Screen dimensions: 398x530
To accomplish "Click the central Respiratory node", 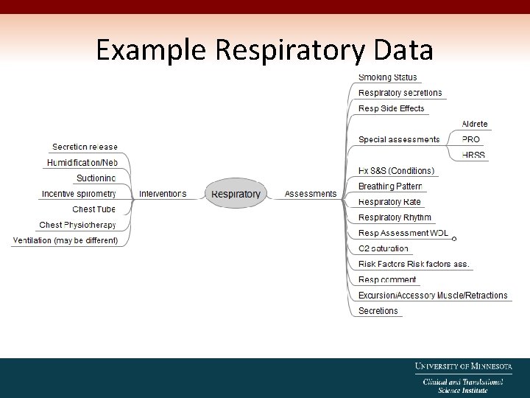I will click(x=236, y=194).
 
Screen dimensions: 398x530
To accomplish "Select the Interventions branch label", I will click(x=163, y=194).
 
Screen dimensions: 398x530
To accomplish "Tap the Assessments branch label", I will click(x=310, y=194).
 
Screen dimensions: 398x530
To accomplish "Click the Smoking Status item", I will click(x=387, y=77).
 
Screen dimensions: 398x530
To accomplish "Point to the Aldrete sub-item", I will click(x=474, y=124).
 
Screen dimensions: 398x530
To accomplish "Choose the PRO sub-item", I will click(x=470, y=139).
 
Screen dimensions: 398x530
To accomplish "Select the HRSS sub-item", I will click(x=473, y=155).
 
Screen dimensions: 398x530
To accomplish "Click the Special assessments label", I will click(x=398, y=139).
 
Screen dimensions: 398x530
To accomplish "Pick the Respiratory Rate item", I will click(x=389, y=202).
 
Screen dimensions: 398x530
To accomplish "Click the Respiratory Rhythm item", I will click(x=395, y=217).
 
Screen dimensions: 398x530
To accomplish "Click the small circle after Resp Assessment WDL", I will click(x=454, y=239).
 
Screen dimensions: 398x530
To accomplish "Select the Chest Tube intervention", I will click(x=93, y=209).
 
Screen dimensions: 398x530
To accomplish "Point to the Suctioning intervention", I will click(x=96, y=178).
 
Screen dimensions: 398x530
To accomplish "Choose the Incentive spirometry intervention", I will click(x=79, y=194).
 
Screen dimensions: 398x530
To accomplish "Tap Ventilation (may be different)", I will click(x=65, y=240).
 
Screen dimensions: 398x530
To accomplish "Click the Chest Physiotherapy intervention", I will click(x=77, y=225).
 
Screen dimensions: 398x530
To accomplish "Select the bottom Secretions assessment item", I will click(x=378, y=311).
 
